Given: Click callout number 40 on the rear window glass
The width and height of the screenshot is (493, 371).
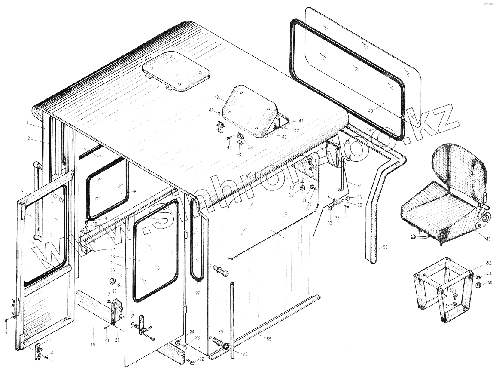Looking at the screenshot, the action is tap(371, 110).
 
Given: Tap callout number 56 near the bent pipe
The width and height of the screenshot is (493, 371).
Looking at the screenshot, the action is tap(385, 247).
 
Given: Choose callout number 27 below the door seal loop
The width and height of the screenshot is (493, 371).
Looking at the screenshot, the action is tap(197, 294).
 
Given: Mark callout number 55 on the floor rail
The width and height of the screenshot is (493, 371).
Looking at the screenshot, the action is tap(268, 340).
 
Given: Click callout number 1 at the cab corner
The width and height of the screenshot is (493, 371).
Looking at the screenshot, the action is tap(27, 123).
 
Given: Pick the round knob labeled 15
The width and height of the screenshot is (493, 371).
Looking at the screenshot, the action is tap(112, 282).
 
